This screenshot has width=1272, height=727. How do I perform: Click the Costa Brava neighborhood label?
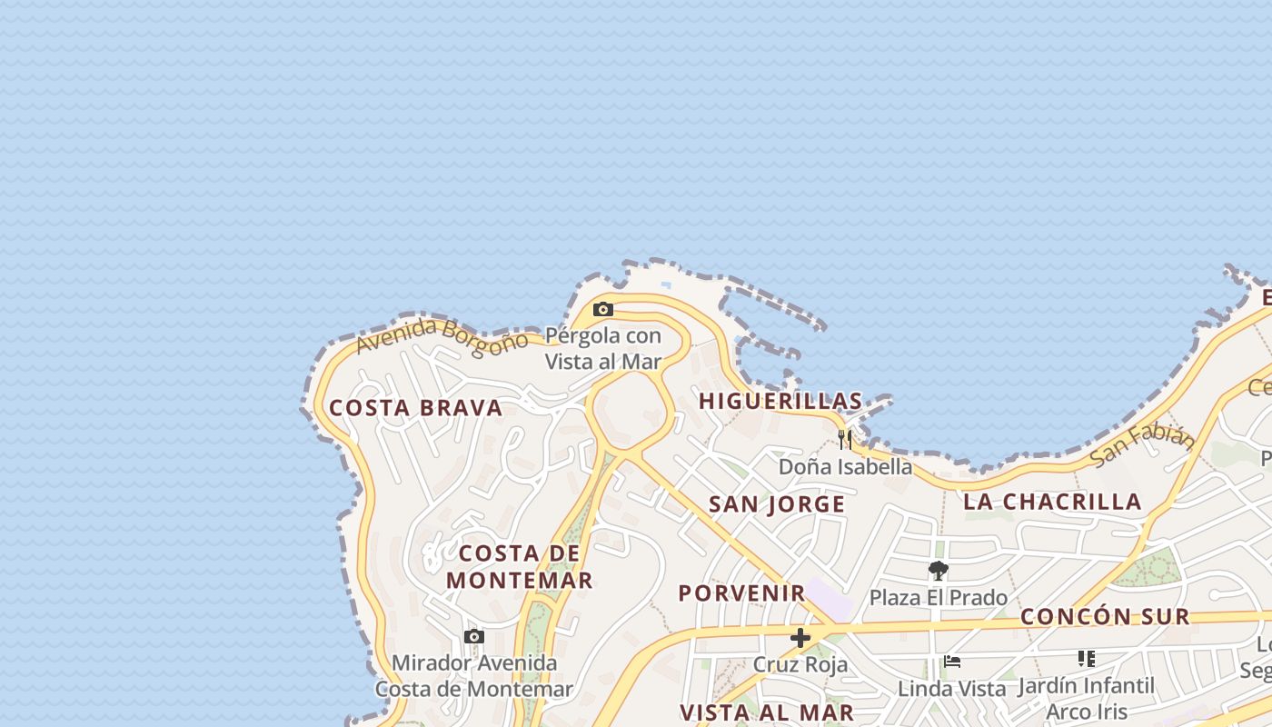pos(415,408)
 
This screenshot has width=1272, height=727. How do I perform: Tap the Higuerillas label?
pos(780,401)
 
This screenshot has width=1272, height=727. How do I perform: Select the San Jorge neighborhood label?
pos(777,504)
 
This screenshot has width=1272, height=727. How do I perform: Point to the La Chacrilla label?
pos(1052,502)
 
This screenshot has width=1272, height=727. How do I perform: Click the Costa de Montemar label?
pos(520,566)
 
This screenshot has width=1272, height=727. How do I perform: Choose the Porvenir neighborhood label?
pos(742,593)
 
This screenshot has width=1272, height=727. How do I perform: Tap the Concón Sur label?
pos(1105,617)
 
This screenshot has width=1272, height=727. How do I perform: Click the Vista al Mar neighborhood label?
pos(767,712)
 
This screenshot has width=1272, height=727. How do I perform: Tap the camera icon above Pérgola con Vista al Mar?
pos(602,310)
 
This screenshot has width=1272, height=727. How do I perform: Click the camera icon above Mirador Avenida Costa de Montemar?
pos(473,637)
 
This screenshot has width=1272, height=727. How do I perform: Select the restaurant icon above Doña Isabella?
pos(845,440)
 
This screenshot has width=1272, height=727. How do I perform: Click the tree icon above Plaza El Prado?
pos(939,571)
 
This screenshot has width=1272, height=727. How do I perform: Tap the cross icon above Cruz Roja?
pos(800,638)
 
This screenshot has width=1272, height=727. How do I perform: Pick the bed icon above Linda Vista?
pos(951,662)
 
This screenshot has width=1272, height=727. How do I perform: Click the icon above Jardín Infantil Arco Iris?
pos(1086,658)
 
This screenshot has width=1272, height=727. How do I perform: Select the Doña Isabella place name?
pos(845,467)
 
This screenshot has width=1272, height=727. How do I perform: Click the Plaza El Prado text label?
pos(939,598)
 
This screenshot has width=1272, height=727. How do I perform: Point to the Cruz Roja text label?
pos(800,665)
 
